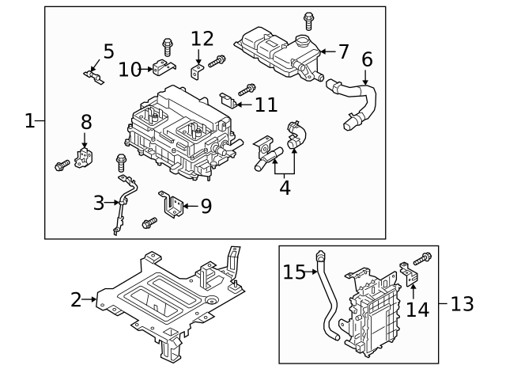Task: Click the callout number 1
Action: (x=29, y=121)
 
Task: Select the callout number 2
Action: (x=76, y=300)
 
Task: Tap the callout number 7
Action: (x=343, y=51)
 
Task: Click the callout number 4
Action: (x=284, y=188)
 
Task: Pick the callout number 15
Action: (x=294, y=272)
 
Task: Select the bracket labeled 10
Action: (x=164, y=69)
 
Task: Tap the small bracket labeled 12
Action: (x=198, y=72)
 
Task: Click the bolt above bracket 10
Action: (x=168, y=44)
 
